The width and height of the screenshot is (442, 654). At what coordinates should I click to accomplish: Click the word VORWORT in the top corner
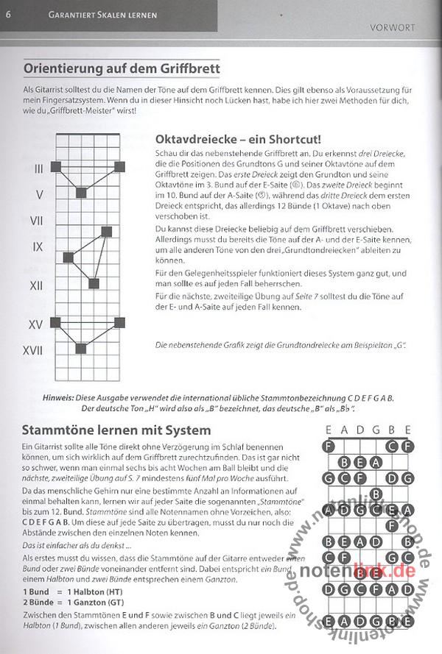(x=391, y=29)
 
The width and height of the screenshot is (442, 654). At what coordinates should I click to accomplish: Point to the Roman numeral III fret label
(x=39, y=169)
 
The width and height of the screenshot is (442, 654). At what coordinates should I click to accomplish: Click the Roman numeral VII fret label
(x=38, y=221)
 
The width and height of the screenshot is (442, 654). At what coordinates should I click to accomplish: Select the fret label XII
(x=36, y=285)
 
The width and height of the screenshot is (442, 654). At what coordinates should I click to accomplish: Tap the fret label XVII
(x=32, y=350)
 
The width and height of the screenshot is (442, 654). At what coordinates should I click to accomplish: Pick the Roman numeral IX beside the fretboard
(x=38, y=246)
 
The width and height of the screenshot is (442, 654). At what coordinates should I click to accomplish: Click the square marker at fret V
(x=81, y=193)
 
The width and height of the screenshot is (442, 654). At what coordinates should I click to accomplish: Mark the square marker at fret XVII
(x=81, y=349)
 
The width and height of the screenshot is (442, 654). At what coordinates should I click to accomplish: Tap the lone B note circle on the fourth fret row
(x=375, y=494)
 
